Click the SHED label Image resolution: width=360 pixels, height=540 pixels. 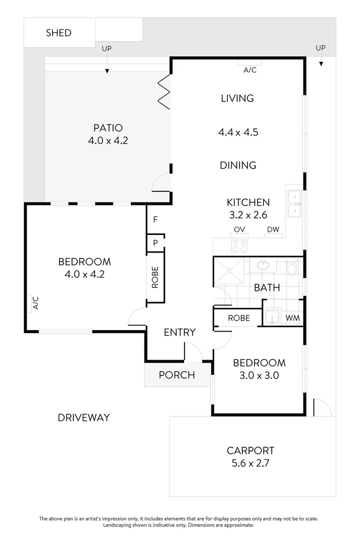[x=58, y=33]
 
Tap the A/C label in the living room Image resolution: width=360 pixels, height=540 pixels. [x=250, y=70]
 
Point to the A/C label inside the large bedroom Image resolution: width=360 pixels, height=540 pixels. [x=35, y=303]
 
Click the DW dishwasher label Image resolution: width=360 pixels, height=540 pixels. [x=273, y=230]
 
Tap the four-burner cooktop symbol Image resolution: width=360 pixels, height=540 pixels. [x=239, y=245]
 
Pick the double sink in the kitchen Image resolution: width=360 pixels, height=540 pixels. [x=295, y=204]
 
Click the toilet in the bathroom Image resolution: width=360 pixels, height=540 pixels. [x=292, y=269]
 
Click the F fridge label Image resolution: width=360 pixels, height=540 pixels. [x=155, y=219]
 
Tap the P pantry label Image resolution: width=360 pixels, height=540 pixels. [x=155, y=243]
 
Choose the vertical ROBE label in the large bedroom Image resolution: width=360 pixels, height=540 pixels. [x=155, y=277]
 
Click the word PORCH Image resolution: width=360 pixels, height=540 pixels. [x=176, y=375]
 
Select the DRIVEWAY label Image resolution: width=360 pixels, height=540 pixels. [x=83, y=417]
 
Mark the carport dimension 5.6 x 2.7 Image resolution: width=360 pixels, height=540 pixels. [x=250, y=463]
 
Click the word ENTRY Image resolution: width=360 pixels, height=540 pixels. [x=179, y=332]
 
